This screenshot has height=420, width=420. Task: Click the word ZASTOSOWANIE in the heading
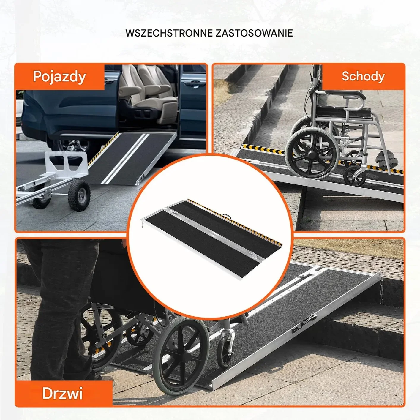pos(254,33)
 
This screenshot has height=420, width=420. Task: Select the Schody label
pos(363,76)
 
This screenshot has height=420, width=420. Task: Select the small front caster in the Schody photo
pos(354,176)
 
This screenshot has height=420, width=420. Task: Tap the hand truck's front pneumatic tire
pos(79,195)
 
